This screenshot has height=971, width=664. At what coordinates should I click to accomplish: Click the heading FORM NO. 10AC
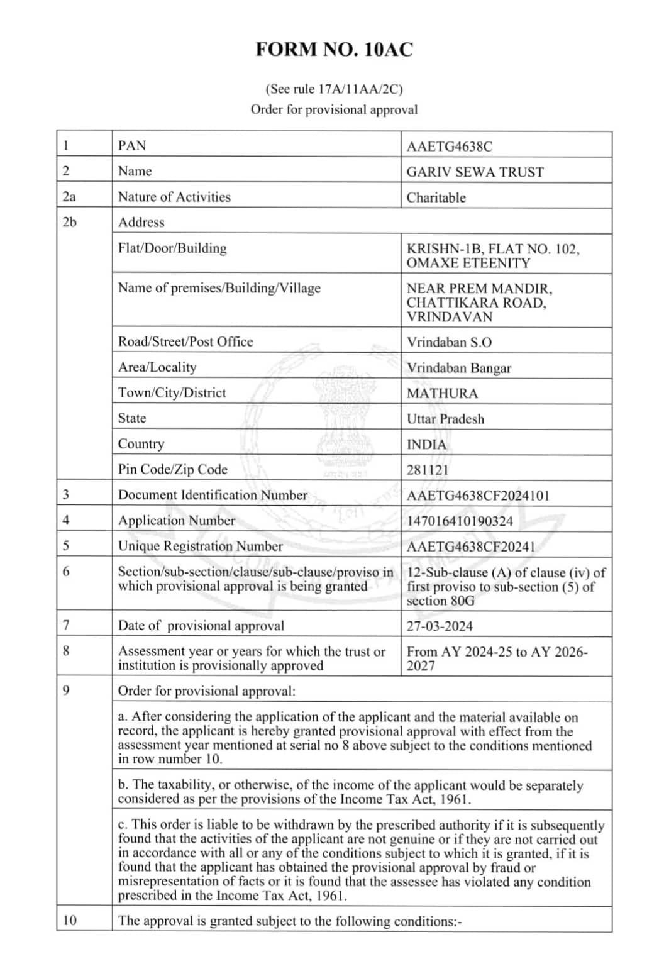pos(334,50)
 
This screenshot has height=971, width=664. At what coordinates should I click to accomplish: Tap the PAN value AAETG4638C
pos(449,147)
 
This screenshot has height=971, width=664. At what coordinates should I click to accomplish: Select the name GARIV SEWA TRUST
pos(475,172)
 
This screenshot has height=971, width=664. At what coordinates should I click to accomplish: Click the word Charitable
pos(436,197)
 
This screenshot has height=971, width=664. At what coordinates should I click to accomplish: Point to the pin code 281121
pos(428,470)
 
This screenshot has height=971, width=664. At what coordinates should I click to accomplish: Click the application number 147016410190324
pos(460,521)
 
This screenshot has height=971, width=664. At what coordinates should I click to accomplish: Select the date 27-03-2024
pos(440,626)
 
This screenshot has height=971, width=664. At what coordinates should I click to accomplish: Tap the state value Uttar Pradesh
pos(445,419)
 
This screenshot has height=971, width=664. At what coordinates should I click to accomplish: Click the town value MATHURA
pos(442,394)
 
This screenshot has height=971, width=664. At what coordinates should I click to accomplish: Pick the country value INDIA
pos(426,445)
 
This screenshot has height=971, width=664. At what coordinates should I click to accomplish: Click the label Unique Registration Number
pos(200,546)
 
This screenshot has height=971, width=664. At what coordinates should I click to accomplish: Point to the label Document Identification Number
pos(213,495)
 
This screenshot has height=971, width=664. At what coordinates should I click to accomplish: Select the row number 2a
pos(69,197)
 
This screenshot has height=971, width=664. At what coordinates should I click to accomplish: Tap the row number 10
pos(70,920)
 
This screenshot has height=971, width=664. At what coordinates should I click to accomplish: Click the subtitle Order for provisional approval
pos(334,109)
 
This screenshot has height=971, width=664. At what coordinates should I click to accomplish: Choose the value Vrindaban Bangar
pos(458,368)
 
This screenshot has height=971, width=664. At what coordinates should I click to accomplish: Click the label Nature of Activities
pos(174,197)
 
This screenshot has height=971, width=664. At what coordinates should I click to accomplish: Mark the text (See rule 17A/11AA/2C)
pos(334,89)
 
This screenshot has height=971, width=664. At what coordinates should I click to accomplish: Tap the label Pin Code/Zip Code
pos(172,469)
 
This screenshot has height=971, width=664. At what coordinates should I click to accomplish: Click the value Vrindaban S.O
pos(449,343)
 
